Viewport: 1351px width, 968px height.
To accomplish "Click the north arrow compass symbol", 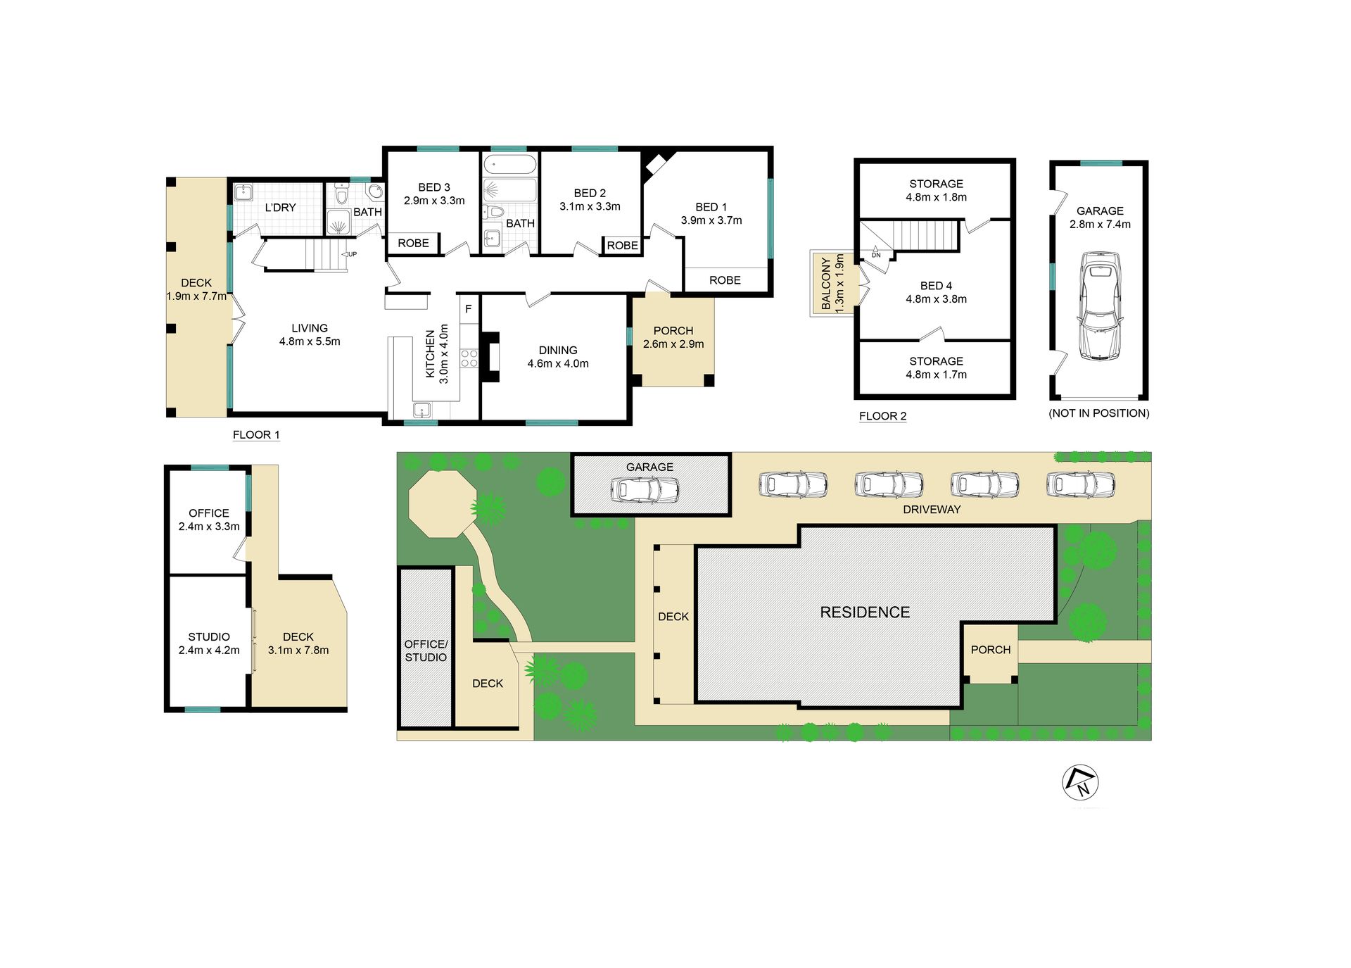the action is point(1080,782).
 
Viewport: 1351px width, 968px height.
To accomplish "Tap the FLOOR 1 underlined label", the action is point(256,435).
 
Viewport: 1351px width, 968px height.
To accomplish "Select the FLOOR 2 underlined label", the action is point(882,416).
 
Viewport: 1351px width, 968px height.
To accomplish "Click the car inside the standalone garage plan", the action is point(1100,306).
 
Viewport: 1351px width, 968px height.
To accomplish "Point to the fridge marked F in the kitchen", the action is point(469,309).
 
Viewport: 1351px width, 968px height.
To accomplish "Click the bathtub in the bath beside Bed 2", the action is point(510,165).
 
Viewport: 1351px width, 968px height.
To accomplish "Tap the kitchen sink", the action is point(422,410).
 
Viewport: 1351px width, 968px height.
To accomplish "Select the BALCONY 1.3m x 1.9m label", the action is point(832,283).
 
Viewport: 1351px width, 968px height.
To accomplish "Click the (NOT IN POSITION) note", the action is point(1099,413).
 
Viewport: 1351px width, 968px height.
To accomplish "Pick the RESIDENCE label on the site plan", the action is point(865,612).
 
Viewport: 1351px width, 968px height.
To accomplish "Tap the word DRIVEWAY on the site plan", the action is point(932,510).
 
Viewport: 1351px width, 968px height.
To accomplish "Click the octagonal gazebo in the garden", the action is point(443,504).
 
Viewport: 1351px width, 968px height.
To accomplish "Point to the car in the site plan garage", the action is point(645,489).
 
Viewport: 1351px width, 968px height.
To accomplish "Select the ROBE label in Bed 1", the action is point(725,280).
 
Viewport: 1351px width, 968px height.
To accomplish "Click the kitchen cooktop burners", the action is point(469,358).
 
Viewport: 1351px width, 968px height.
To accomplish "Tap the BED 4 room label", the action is point(936,286).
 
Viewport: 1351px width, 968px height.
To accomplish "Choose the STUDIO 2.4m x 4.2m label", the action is point(209,643).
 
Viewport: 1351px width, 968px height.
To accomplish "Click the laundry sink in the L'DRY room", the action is point(244,192).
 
